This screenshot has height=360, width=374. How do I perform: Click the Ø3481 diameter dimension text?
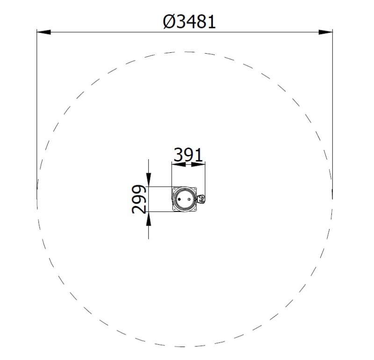coord(189,21)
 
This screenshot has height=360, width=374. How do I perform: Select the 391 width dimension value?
coord(188,155)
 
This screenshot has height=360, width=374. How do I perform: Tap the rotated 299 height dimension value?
coord(139,199)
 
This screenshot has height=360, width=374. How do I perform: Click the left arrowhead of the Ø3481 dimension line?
coord(43,32)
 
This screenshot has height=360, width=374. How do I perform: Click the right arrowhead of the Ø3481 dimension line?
coord(325,32)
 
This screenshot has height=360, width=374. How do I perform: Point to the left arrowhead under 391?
coord(179,164)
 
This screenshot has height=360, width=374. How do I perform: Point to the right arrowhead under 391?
coord(198,164)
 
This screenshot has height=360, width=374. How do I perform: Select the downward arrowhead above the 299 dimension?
coord(149,180)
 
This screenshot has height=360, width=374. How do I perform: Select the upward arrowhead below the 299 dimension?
coord(149,219)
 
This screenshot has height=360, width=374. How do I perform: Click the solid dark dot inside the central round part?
coord(180,199)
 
